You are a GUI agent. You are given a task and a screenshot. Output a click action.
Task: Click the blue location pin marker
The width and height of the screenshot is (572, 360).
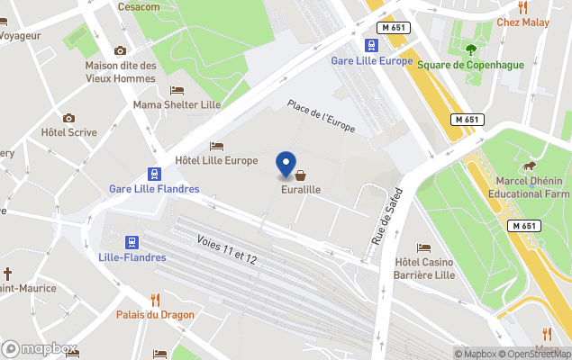click(x=286, y=165)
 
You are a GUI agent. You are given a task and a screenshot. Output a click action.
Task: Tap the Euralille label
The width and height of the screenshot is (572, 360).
click(x=301, y=190)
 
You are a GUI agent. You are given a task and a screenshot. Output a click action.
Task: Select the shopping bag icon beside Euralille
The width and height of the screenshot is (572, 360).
click(x=300, y=175)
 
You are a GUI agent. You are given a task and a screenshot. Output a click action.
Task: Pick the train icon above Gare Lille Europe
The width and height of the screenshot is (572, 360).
click(x=371, y=45)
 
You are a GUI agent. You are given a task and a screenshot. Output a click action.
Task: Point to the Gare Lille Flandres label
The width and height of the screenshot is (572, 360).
click(x=154, y=189)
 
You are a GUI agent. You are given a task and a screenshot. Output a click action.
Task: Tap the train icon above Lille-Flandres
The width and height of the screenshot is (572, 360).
click(x=132, y=242)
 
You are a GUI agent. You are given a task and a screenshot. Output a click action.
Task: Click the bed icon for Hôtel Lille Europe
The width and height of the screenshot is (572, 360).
click(x=216, y=146)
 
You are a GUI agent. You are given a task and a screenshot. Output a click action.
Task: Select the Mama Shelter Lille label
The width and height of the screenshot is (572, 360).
click(x=177, y=104)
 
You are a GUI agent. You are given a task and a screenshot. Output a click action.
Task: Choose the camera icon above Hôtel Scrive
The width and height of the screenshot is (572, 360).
click(x=68, y=118)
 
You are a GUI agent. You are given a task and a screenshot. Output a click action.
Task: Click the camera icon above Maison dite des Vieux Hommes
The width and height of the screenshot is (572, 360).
click(x=121, y=51)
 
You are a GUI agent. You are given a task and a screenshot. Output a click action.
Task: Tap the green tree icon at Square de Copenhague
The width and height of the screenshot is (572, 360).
click(x=470, y=49)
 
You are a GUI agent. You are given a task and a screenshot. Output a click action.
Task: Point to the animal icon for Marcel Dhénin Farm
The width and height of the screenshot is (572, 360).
click(x=530, y=166)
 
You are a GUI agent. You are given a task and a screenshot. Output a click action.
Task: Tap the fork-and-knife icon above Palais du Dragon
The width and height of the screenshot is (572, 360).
click(x=155, y=299)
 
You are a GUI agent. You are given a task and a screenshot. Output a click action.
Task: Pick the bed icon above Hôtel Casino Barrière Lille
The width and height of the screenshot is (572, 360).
click(x=424, y=247)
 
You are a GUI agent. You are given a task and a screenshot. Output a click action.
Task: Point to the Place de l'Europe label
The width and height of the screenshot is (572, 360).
click(x=321, y=117)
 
